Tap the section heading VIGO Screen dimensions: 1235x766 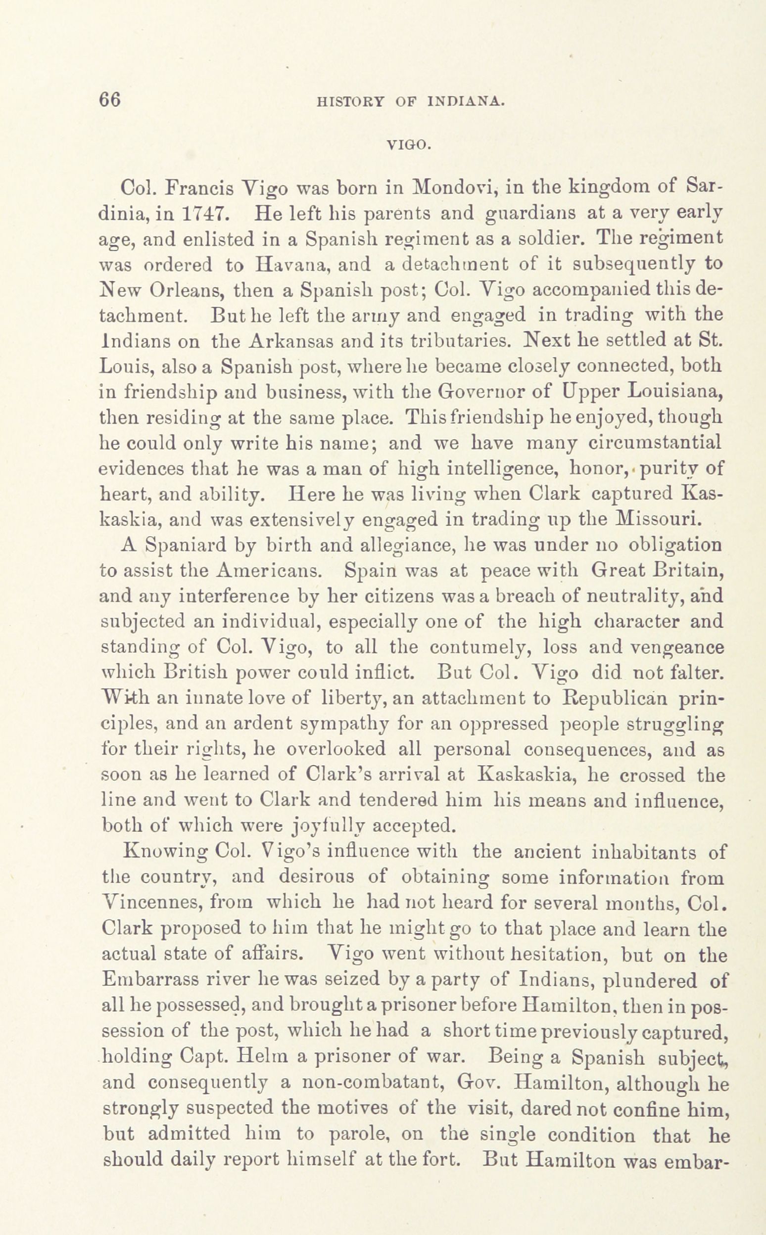click(x=408, y=146)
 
